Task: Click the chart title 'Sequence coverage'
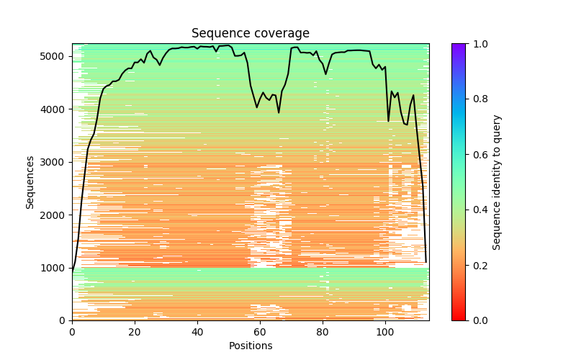tap(251, 34)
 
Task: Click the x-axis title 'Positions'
tap(251, 346)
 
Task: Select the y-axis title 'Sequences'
tap(30, 181)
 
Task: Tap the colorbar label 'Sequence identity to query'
tap(497, 181)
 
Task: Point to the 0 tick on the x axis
tap(72, 331)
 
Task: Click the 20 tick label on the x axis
tap(135, 331)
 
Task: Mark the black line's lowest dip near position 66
tap(279, 112)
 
